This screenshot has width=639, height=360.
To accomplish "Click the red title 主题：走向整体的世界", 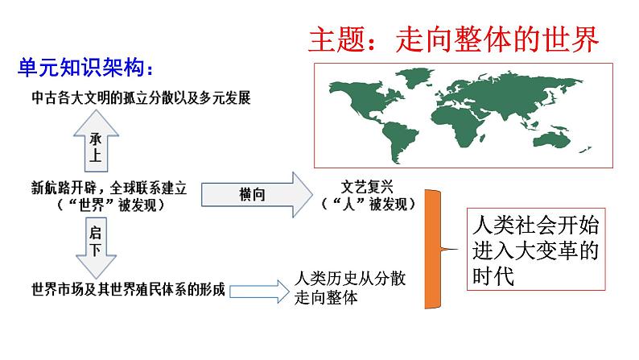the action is (x=455, y=37).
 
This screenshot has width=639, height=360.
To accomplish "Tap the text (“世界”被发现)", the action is (x=106, y=205).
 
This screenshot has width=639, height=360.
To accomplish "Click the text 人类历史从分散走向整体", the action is (x=346, y=288).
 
